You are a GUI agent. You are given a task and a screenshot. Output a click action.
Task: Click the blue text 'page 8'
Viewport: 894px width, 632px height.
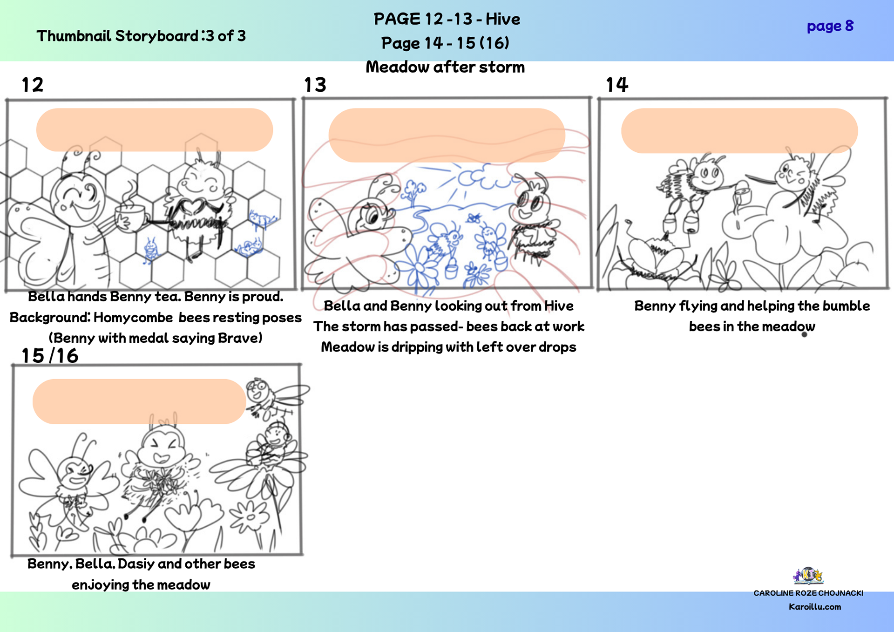830,26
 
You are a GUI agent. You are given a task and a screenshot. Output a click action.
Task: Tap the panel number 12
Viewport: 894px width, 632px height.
33,85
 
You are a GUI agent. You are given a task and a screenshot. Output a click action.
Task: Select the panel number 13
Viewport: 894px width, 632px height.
315,85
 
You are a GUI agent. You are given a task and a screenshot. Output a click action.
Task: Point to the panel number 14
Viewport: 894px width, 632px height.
617,85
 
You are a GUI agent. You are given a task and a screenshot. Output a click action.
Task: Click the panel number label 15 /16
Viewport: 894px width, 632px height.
50,356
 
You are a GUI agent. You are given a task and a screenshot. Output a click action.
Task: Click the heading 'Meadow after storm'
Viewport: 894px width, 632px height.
445,67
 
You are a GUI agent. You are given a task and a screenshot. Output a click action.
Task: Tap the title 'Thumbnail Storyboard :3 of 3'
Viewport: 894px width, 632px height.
141,36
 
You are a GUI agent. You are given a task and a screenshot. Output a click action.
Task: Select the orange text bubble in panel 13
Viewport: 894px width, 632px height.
447,135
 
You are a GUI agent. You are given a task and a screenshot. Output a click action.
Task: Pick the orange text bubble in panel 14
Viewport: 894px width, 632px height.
739,131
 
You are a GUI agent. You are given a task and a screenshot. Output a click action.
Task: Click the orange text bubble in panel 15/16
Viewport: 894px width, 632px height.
139,401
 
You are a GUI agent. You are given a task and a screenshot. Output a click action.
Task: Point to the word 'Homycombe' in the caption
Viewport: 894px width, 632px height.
133,318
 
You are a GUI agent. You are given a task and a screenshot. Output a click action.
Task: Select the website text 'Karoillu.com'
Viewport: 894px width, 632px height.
815,607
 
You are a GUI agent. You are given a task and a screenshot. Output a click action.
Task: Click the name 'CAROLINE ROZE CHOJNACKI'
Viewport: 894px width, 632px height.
808,593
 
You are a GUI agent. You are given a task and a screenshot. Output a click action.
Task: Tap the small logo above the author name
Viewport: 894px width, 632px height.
808,576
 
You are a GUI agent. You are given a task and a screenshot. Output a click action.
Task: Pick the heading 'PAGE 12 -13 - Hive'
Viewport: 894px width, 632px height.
447,19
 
